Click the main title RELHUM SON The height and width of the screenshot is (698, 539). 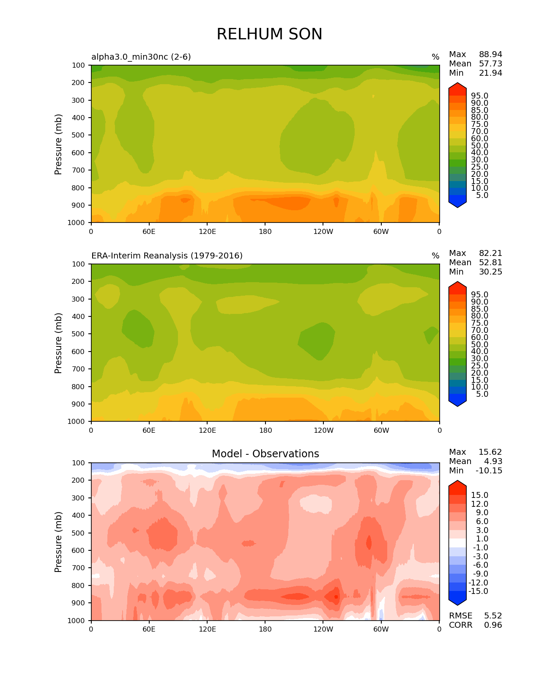[x=269, y=34]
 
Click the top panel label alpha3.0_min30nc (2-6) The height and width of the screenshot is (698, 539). [x=141, y=57]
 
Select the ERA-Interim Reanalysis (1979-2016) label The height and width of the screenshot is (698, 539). [x=167, y=256]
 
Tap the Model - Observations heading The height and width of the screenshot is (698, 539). [x=265, y=454]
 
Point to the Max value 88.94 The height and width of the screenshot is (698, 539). [x=490, y=55]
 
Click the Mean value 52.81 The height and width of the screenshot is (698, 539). [x=490, y=263]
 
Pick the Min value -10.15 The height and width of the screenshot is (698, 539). [x=489, y=471]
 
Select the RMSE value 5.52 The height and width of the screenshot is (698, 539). [x=493, y=616]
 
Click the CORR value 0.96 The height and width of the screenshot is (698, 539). [x=493, y=625]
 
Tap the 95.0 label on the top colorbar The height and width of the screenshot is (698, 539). [x=479, y=96]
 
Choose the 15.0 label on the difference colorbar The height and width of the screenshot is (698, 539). [x=479, y=495]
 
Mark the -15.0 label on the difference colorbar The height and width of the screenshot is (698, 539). [x=478, y=591]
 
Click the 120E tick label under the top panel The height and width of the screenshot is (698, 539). [x=207, y=231]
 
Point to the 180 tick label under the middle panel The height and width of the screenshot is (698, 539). [x=265, y=430]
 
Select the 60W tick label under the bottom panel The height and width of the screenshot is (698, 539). [x=381, y=629]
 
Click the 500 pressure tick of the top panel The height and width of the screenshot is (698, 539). [x=78, y=135]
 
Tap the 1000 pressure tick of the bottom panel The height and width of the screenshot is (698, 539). [x=76, y=621]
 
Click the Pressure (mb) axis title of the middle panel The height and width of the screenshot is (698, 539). [x=58, y=343]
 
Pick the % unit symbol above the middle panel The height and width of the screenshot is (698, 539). [x=435, y=256]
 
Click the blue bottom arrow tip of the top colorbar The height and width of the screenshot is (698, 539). [x=457, y=205]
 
